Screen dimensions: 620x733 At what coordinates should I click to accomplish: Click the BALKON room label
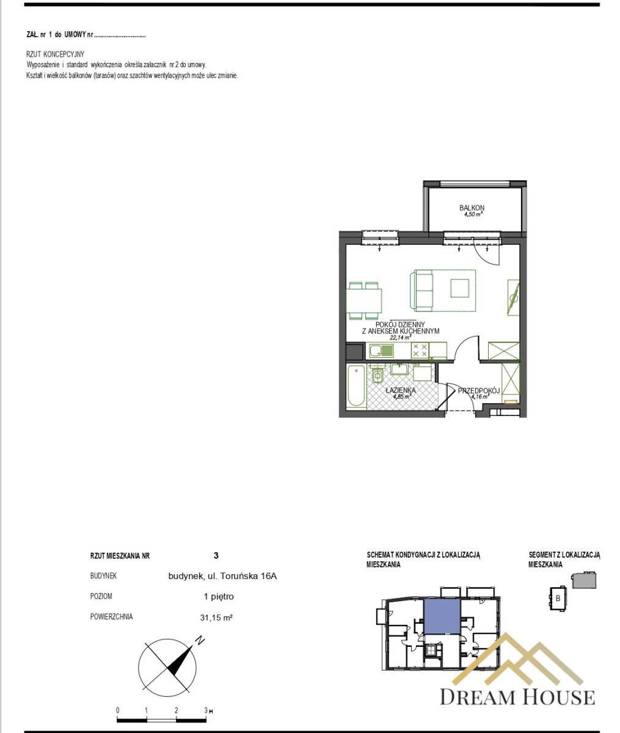(x=472, y=208)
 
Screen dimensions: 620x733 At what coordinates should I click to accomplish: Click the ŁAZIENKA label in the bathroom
(x=401, y=390)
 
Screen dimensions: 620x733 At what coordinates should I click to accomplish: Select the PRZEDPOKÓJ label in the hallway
(x=478, y=390)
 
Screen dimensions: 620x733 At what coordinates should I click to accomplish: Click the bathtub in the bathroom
(x=356, y=386)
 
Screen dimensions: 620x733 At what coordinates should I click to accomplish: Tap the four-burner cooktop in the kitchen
(x=420, y=350)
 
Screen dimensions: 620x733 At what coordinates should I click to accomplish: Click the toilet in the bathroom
(x=377, y=375)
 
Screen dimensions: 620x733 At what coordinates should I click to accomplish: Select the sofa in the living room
(x=421, y=290)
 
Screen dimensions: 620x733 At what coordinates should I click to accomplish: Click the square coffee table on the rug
(x=460, y=288)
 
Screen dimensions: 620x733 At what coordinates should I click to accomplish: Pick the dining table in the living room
(x=364, y=301)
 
